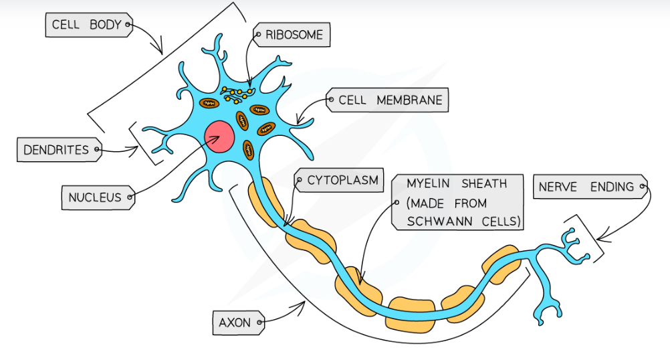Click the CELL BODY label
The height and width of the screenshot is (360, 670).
pyautogui.click(x=87, y=26)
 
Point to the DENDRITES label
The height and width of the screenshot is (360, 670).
pyautogui.click(x=56, y=150)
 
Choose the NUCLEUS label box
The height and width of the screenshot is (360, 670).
pyautogui.click(x=95, y=197)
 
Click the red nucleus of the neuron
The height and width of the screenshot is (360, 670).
pyautogui.click(x=219, y=137)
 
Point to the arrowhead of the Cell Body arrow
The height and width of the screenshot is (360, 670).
pyautogui.click(x=160, y=51)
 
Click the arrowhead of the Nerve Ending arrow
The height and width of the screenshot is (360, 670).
pyautogui.click(x=597, y=238)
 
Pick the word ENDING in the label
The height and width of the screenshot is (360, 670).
pyautogui.click(x=611, y=187)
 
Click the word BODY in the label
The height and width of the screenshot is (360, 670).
pyautogui.click(x=107, y=26)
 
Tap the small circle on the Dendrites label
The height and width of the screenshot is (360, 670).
pyautogui.click(x=97, y=150)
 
